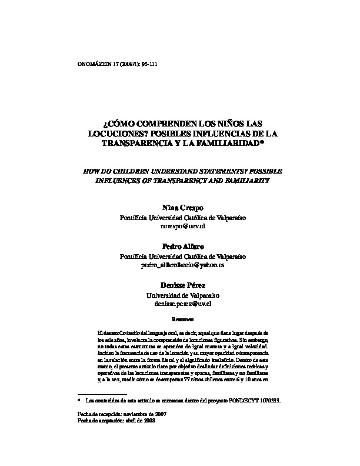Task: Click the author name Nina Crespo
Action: click(180, 208)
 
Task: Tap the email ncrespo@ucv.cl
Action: click(181, 226)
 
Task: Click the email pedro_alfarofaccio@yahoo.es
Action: click(180, 265)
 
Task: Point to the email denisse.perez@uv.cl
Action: click(180, 304)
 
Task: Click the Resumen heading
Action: click(180, 319)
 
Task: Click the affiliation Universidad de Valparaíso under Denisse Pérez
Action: click(180, 295)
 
